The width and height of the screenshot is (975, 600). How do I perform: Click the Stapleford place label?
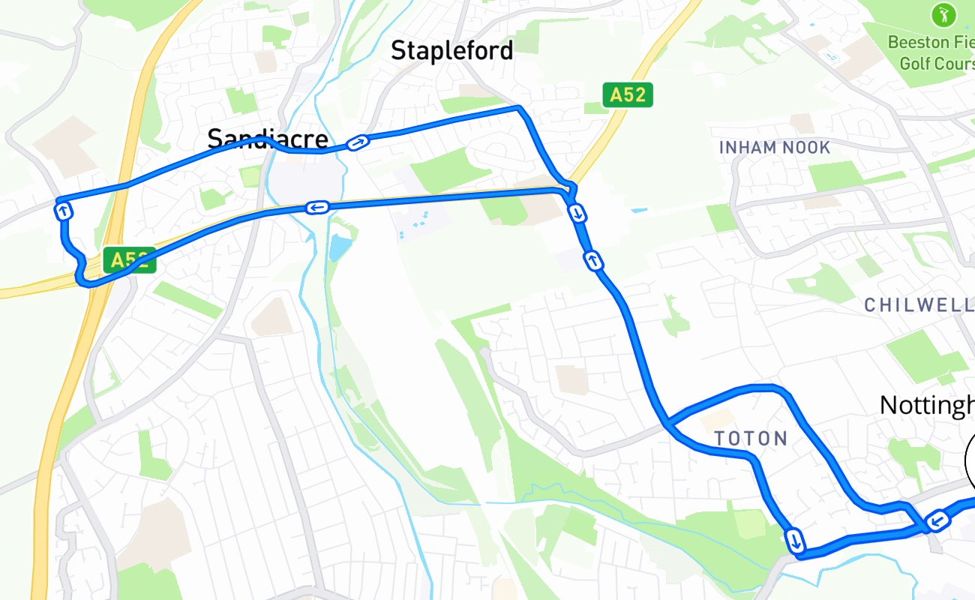[451, 51]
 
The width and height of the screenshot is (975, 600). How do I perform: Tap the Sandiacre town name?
[267, 139]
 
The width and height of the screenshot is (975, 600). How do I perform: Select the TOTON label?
[750, 439]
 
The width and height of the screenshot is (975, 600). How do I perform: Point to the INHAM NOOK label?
[774, 148]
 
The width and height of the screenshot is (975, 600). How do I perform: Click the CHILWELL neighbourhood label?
[918, 305]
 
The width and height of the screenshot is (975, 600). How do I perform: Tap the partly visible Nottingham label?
[927, 405]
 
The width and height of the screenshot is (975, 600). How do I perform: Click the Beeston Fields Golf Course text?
[930, 52]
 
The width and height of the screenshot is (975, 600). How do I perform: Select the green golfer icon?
[942, 13]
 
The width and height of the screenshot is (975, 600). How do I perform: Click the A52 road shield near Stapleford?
[627, 94]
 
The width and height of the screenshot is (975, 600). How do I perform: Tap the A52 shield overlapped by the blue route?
[129, 260]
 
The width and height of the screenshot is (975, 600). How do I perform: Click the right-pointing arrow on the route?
[358, 142]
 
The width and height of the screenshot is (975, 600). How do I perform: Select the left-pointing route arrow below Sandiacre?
[317, 207]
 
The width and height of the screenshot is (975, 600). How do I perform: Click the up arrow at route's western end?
[64, 211]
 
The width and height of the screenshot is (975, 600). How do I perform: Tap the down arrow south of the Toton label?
[795, 539]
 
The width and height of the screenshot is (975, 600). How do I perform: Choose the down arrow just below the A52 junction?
[577, 214]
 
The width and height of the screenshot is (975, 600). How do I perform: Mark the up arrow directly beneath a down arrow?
[593, 261]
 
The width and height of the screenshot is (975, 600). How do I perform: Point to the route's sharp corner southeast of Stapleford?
[518, 109]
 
